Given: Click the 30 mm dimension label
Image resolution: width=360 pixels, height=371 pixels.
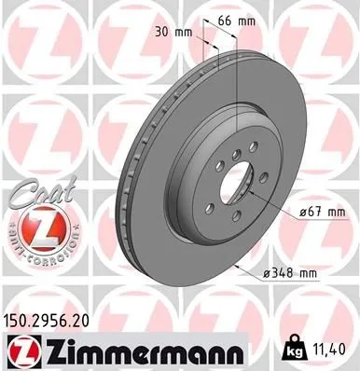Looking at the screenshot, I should point(176,31).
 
